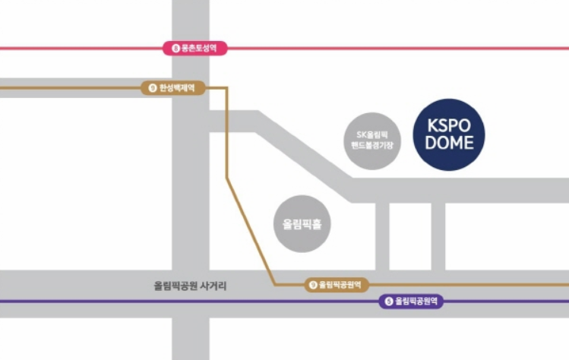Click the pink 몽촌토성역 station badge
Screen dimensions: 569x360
tap(195, 49)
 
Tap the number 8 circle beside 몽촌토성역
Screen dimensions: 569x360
tap(176, 49)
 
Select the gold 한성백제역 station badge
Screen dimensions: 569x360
tap(174, 88)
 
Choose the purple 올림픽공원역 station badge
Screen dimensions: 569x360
tap(411, 301)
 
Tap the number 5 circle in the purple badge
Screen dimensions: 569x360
tap(389, 301)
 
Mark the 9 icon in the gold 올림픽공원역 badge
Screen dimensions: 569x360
tap(313, 285)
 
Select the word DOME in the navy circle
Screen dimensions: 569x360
tap(448, 143)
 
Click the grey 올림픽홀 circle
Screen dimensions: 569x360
tap(302, 225)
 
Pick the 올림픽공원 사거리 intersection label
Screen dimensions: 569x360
tap(190, 286)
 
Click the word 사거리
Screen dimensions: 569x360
tap(213, 286)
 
